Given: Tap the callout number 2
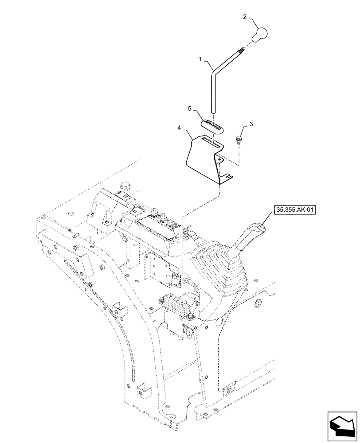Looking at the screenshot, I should click(244, 18).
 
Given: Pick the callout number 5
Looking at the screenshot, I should click(189, 109).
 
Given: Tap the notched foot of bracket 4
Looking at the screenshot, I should click(225, 178).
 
